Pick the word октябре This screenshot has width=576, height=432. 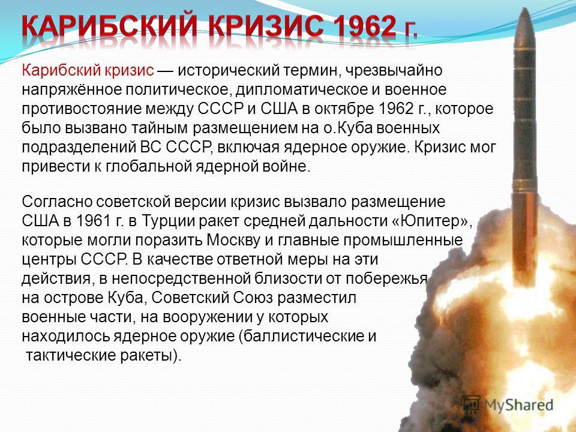click(x=343, y=109)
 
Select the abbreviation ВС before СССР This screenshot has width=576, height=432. click(x=151, y=147)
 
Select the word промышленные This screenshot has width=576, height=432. click(x=403, y=240)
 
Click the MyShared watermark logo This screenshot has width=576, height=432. click(x=507, y=405)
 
